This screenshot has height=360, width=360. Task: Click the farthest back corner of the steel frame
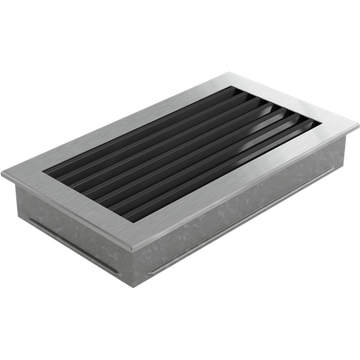(x=229, y=71)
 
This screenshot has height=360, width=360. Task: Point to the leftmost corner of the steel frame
(x=2, y=173)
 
